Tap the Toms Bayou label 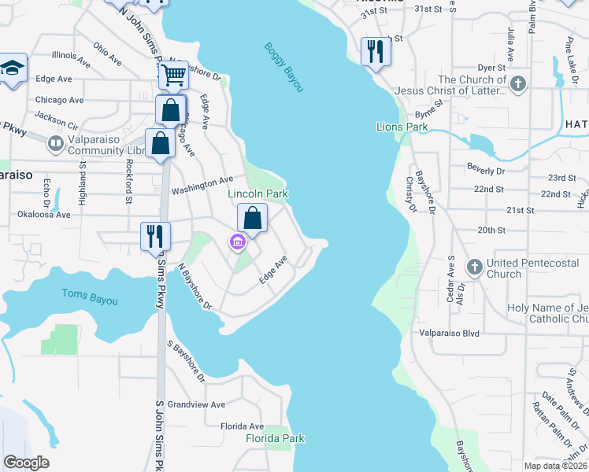click(x=90, y=297)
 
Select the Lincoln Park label click(x=257, y=194)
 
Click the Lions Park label click(x=402, y=127)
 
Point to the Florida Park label click(x=275, y=438)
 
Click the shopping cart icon click(x=173, y=76)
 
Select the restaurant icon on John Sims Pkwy click(x=155, y=235)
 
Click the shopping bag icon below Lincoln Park click(x=252, y=218)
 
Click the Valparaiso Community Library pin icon click(x=55, y=143)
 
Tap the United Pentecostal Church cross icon click(x=475, y=267)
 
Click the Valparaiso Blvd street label click(x=449, y=334)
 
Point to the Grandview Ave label click(x=196, y=405)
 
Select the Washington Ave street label click(x=202, y=186)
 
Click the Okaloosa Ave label click(x=46, y=214)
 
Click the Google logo click(x=26, y=463)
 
